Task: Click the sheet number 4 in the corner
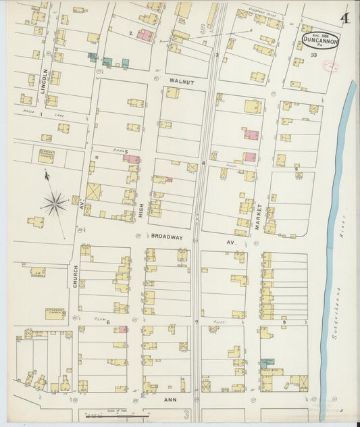(x=345, y=18)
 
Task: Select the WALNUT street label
(x=181, y=81)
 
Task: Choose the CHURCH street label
(x=75, y=276)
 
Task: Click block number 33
(x=313, y=55)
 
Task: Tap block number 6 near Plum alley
(x=107, y=322)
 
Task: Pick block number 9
(x=284, y=322)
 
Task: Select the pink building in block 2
(x=144, y=34)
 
